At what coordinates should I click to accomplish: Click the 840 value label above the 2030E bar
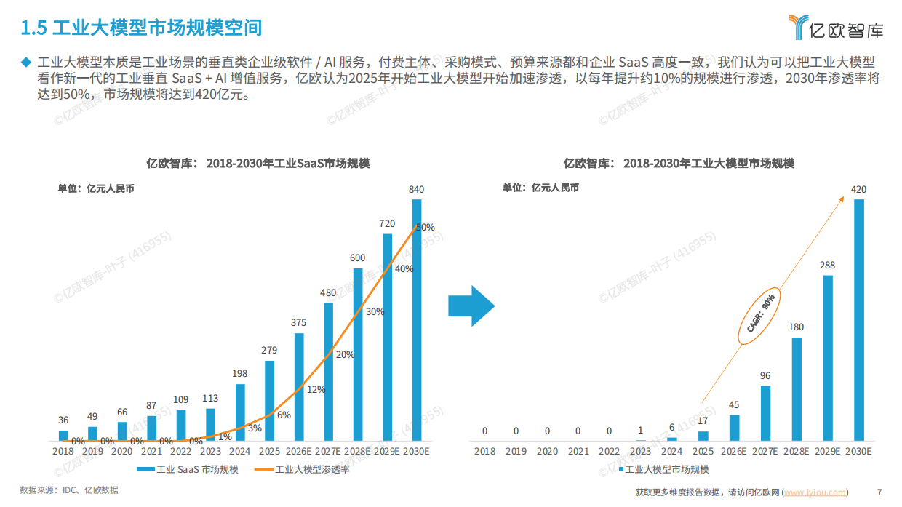click(416, 190)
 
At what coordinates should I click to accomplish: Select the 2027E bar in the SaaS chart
click(328, 371)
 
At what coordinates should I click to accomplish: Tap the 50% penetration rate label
click(426, 227)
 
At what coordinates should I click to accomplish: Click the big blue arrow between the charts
click(471, 306)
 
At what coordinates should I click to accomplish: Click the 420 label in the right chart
click(858, 190)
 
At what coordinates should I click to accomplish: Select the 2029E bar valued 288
click(827, 357)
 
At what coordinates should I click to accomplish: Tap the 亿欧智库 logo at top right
click(837, 27)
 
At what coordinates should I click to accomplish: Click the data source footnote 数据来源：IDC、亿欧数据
click(69, 490)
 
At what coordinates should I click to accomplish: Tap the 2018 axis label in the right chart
click(484, 451)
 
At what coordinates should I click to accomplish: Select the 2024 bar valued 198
click(240, 412)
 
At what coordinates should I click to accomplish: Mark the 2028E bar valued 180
click(797, 388)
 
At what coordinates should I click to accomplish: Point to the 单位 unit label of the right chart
click(540, 188)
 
